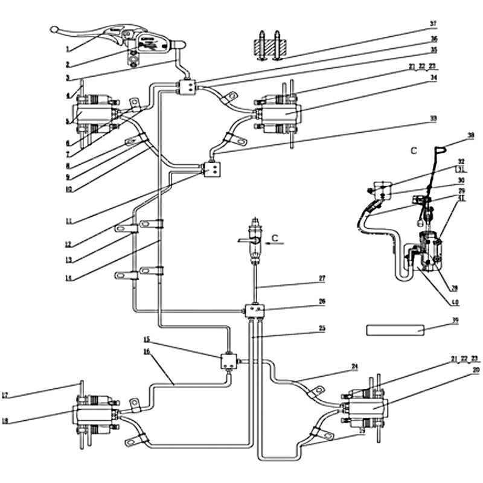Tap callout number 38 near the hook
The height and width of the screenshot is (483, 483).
point(454,135)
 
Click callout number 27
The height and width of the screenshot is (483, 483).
point(322,278)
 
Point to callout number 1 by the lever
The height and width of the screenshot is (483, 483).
point(69,48)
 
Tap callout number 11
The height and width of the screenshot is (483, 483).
point(69,222)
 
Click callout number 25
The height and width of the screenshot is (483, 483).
point(322,329)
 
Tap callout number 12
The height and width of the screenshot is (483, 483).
point(69,245)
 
